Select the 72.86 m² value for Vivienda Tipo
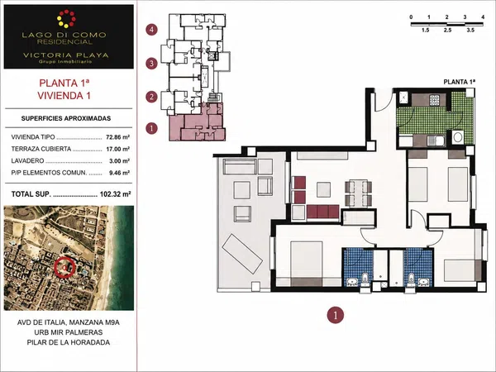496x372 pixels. click(118, 137)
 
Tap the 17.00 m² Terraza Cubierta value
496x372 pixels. click(118, 149)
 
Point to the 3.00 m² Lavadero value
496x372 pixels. click(119, 161)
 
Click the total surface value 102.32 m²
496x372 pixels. click(115, 194)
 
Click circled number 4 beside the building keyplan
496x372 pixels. click(151, 30)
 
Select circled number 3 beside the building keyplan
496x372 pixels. click(151, 64)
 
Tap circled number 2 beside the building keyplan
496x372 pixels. click(151, 97)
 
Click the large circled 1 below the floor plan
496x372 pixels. click(335, 315)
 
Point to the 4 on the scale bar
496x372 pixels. click(483, 17)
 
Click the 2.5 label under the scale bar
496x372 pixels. click(447, 31)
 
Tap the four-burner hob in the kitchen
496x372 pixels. click(434, 100)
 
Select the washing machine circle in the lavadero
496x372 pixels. click(457, 137)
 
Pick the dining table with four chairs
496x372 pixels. click(358, 193)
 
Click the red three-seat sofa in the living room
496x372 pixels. click(322, 212)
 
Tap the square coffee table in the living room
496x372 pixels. click(323, 190)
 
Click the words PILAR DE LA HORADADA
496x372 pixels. click(69, 342)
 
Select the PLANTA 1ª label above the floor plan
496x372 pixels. click(460, 82)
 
